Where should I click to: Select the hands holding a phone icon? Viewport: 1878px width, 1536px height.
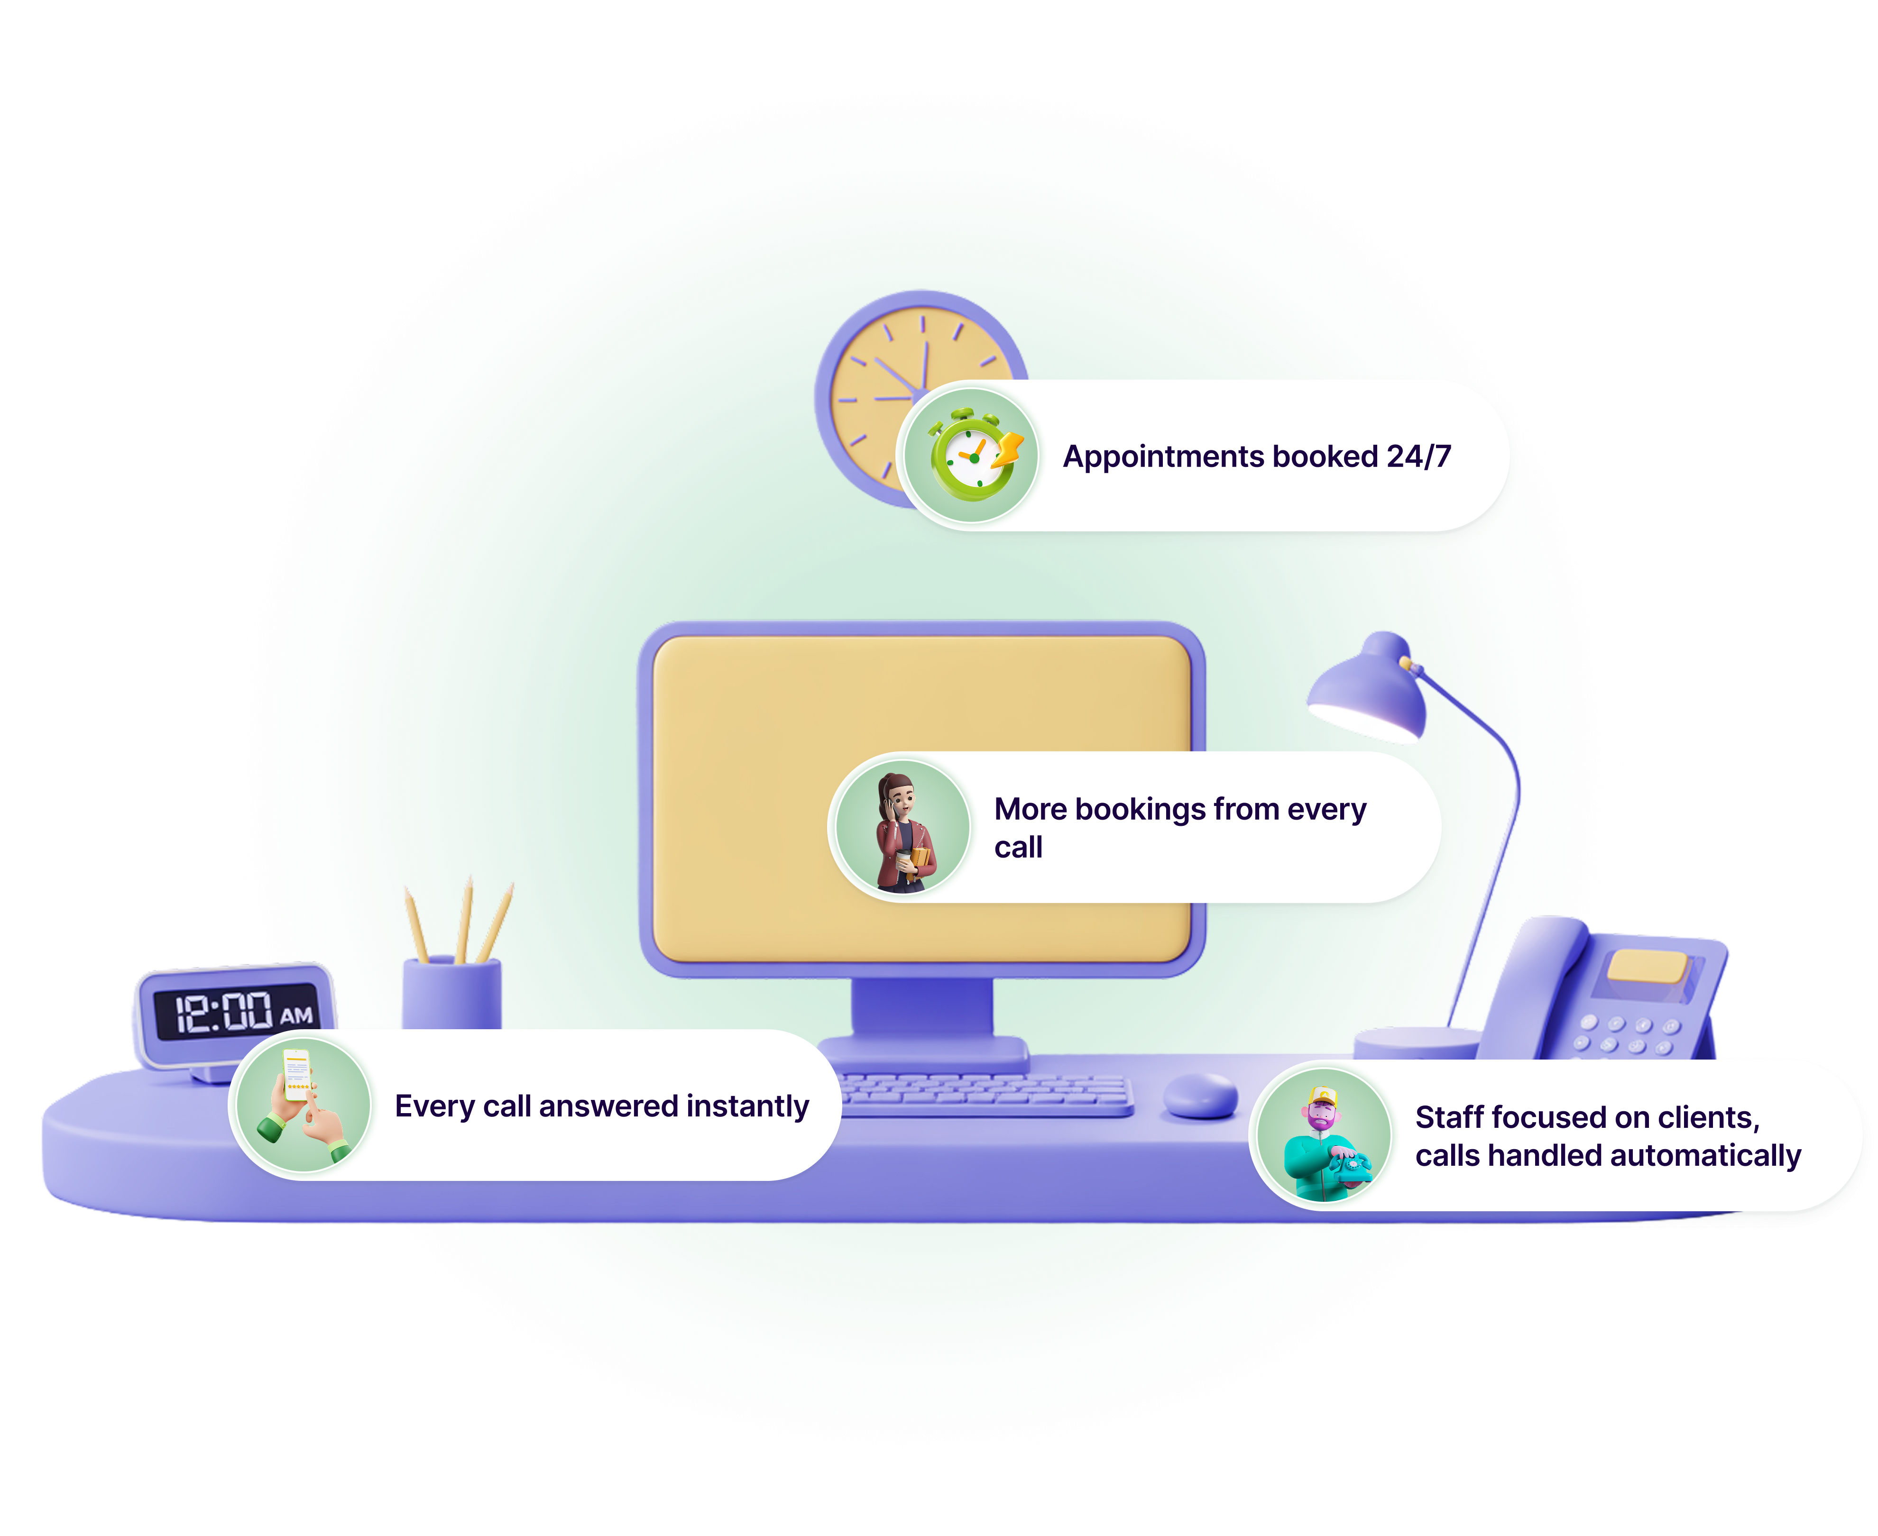[x=301, y=1106]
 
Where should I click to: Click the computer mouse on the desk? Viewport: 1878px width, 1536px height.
[x=1200, y=1096]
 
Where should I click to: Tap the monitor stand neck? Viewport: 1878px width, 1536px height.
[x=922, y=1009]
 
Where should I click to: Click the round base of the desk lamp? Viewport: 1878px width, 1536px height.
[x=1416, y=1042]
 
